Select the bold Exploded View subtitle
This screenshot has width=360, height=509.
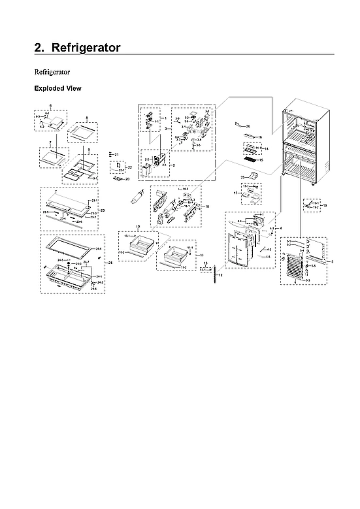pos(57,88)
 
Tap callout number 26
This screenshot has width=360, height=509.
pos(248,125)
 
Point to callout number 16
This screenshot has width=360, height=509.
pos(259,137)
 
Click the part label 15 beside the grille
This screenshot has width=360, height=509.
pos(261,159)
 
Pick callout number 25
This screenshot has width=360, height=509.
pos(241,177)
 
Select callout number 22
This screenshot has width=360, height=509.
pos(130,167)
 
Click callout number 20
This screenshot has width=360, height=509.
pos(127,178)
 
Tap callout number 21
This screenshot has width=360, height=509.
pos(116,154)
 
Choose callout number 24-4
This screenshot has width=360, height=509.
pos(99,249)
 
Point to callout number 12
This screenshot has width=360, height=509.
pos(221,276)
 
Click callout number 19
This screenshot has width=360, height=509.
pos(325,206)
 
